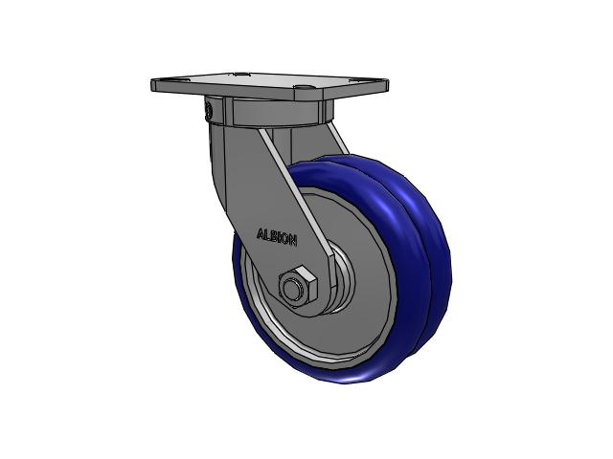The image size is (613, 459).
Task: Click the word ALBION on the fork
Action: point(277,237)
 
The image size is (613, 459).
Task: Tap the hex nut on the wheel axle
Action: point(298,285)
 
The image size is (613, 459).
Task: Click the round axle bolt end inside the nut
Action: point(291,289)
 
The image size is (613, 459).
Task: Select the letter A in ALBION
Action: point(261,233)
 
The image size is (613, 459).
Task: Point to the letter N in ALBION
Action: point(293,240)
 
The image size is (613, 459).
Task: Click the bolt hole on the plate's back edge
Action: point(241,74)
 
